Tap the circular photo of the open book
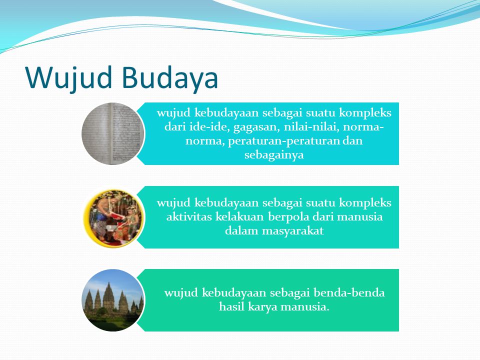pos(113,134)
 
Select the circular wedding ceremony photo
pos(113,217)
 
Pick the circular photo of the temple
pos(113,300)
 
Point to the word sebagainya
pos(274,154)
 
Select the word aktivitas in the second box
pos(189,216)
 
